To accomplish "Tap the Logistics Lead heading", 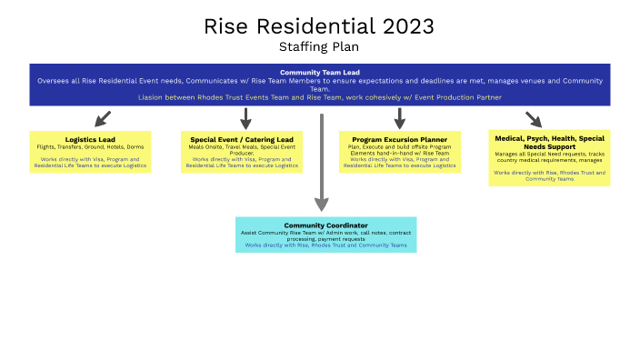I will click(x=89, y=139).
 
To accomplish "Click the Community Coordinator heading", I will click(x=325, y=225).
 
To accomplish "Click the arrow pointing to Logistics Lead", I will click(x=103, y=118).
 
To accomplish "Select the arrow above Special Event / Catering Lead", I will click(x=245, y=119).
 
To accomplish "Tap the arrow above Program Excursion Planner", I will click(x=399, y=119).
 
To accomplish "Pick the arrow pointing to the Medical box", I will click(x=533, y=119).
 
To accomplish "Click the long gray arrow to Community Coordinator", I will click(x=321, y=164).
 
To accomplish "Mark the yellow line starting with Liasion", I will click(x=320, y=97).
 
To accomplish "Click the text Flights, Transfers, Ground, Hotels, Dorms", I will click(x=89, y=146).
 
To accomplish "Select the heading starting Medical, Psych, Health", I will click(x=549, y=143).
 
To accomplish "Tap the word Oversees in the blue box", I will click(x=52, y=80).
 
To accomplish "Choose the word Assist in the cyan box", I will click(x=250, y=232).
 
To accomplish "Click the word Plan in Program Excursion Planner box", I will click(x=355, y=146).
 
